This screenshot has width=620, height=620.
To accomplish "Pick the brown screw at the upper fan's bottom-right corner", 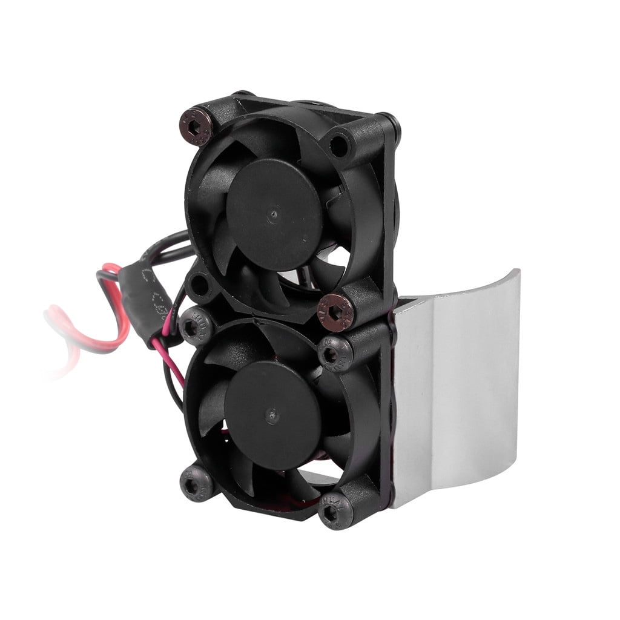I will [335, 312].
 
